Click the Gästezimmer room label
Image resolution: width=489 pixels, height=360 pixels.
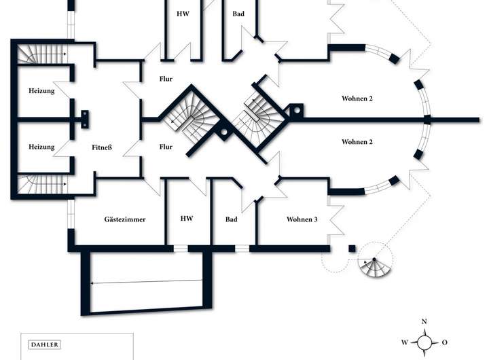click(125, 219)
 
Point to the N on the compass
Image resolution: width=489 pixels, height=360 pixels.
click(424, 321)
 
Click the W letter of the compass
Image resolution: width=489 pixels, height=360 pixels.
click(404, 342)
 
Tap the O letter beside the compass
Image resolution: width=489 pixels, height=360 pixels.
click(444, 342)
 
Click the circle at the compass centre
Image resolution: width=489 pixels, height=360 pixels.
click(424, 342)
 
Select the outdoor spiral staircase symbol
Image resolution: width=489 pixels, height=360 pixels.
click(376, 262)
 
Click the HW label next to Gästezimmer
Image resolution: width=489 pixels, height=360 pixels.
click(187, 219)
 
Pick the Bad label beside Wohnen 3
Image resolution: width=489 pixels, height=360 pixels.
click(231, 219)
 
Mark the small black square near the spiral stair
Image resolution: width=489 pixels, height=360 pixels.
click(352, 249)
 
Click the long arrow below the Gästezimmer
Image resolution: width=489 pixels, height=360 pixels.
click(147, 282)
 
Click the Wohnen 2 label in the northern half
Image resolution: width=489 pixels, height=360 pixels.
click(357, 98)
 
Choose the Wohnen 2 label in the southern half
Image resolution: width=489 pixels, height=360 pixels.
click(357, 142)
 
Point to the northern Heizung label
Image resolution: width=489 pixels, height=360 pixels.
click(41, 90)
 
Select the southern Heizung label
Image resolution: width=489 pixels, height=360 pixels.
click(41, 147)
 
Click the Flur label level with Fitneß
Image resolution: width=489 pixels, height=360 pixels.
click(166, 147)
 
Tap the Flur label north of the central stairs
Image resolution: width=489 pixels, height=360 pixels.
click(166, 78)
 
